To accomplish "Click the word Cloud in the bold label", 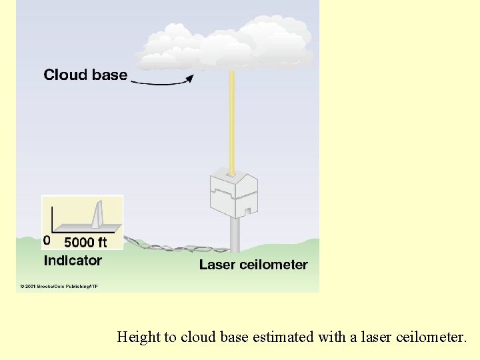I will (x=63, y=75).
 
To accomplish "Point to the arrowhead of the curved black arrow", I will (x=189, y=79).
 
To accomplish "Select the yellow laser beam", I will (x=233, y=120).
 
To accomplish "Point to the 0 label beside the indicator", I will (x=46, y=240).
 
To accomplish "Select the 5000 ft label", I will (x=85, y=242).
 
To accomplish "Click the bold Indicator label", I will (x=73, y=261).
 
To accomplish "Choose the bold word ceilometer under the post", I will (x=275, y=265).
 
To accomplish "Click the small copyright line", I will (x=59, y=287).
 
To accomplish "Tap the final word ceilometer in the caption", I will (x=433, y=337).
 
